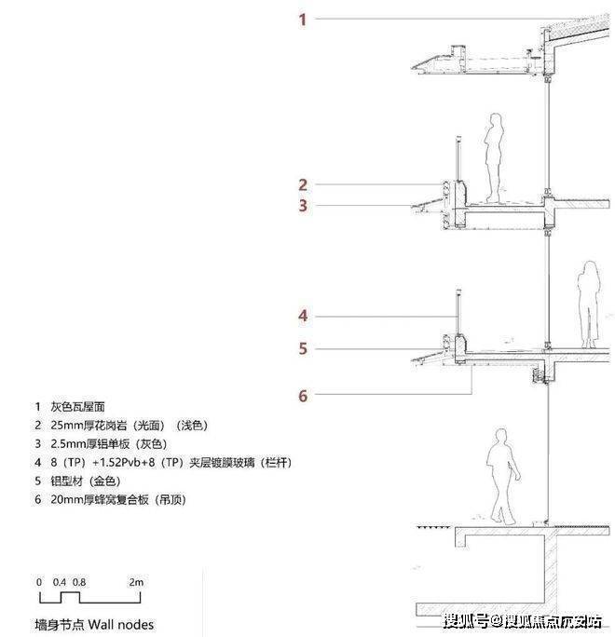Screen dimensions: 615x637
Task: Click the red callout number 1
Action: click(x=302, y=20)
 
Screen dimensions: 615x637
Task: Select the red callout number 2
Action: click(x=303, y=184)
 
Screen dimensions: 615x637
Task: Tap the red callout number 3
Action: click(x=303, y=206)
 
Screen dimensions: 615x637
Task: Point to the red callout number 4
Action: click(x=303, y=316)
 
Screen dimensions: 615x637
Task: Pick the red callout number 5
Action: click(x=303, y=348)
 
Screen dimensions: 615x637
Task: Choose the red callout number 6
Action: click(x=303, y=396)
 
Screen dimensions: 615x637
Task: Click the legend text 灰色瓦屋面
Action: click(x=77, y=407)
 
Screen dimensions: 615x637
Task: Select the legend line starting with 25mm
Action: click(x=129, y=426)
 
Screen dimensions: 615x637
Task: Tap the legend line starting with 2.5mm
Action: click(x=108, y=443)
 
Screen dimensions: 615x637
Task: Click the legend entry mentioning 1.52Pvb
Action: click(x=171, y=462)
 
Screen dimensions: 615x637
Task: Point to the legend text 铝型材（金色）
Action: click(x=86, y=481)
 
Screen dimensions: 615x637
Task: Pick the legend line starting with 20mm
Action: click(x=118, y=499)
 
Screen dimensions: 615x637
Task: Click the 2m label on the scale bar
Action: click(x=136, y=582)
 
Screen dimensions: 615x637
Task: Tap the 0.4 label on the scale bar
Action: click(x=60, y=582)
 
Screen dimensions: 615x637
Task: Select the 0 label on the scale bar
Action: click(x=39, y=582)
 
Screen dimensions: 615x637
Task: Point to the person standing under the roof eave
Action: click(x=494, y=157)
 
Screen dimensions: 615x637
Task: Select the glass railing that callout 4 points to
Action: click(x=458, y=313)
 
